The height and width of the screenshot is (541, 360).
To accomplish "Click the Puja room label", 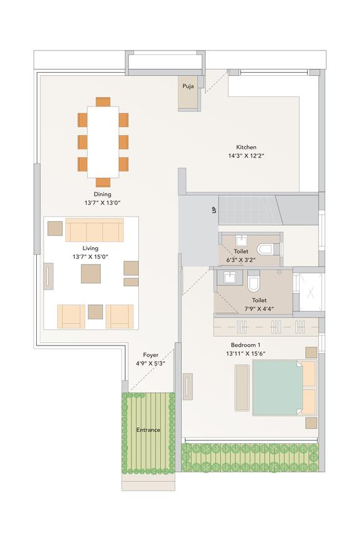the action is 187,87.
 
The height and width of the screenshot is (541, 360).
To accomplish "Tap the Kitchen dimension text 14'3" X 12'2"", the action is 246,156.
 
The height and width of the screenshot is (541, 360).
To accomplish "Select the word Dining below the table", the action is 103,194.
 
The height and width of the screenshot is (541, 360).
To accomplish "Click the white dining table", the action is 103,142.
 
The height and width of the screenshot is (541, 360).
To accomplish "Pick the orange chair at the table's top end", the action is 103,101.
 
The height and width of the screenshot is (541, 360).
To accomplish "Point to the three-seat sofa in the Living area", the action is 95,230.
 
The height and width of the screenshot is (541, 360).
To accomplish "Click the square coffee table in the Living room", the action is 91,273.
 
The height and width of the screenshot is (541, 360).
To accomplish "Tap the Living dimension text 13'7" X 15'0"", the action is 90,256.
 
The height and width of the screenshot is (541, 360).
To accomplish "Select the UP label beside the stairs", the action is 214,209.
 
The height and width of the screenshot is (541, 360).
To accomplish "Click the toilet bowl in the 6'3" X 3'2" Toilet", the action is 265,249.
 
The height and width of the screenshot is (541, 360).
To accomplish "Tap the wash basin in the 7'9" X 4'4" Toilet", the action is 229,278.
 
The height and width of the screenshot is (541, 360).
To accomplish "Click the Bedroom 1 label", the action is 246,345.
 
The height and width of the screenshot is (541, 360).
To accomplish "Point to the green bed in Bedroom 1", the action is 278,387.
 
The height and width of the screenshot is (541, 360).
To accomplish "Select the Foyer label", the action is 151,355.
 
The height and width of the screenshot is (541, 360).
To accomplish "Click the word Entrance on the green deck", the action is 148,430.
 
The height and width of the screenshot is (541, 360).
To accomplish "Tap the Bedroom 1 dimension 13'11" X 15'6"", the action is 246,354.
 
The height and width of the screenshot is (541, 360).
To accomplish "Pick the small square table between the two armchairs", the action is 95,312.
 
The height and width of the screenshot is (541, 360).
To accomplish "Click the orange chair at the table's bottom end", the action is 103,182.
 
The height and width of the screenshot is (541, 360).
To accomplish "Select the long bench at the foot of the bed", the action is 242,387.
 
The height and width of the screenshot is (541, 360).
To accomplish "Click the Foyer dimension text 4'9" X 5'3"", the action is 151,364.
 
